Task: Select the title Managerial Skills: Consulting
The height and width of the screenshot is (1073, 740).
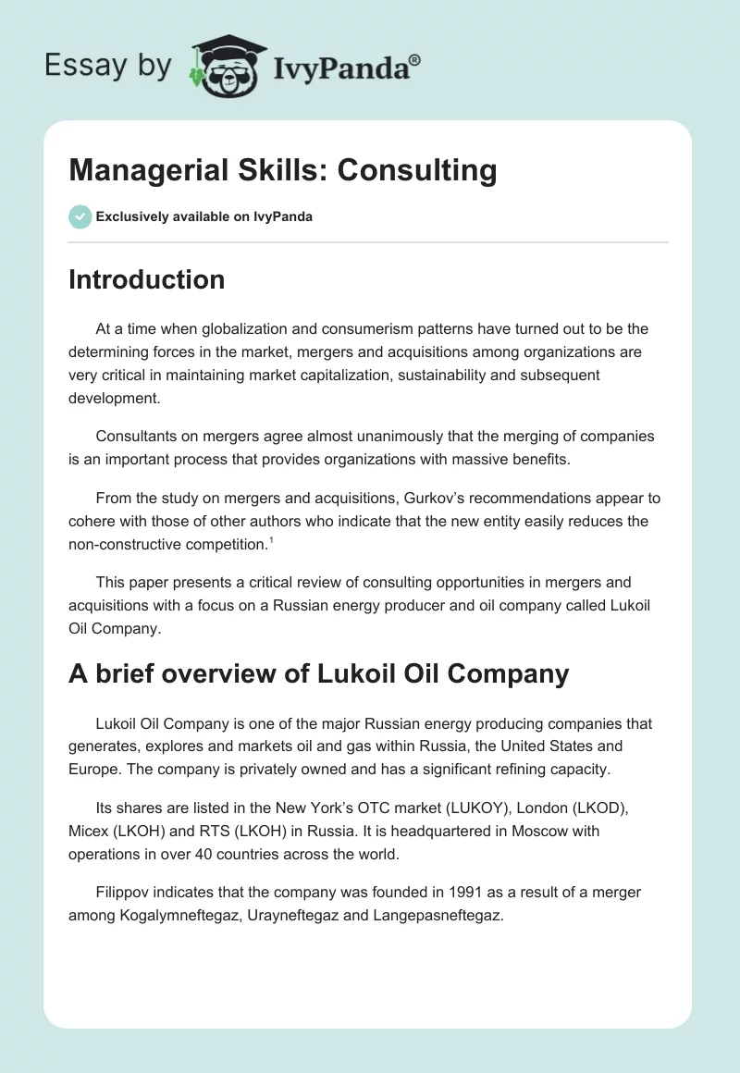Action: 282,170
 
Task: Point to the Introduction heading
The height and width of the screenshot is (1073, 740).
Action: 146,279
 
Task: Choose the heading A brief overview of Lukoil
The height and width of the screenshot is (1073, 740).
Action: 318,673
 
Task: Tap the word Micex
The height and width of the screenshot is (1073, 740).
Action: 89,831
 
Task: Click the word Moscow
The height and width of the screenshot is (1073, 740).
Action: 524,831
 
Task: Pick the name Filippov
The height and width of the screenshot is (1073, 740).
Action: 124,892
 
